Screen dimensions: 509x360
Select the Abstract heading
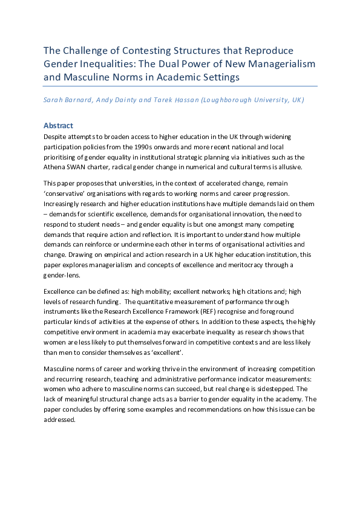[58, 126]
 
